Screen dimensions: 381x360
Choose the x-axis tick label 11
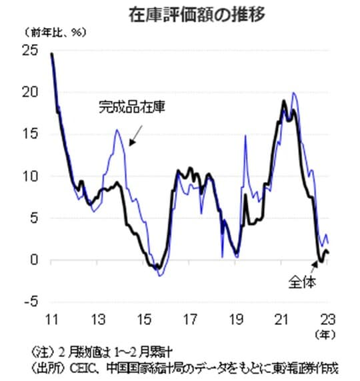[x=51, y=317]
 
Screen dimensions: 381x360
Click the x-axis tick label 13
[x=97, y=317]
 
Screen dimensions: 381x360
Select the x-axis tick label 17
[x=189, y=317]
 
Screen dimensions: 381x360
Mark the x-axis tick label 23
[x=328, y=317]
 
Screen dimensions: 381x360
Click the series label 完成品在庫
[x=126, y=105]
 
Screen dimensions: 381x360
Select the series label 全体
[x=302, y=282]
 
